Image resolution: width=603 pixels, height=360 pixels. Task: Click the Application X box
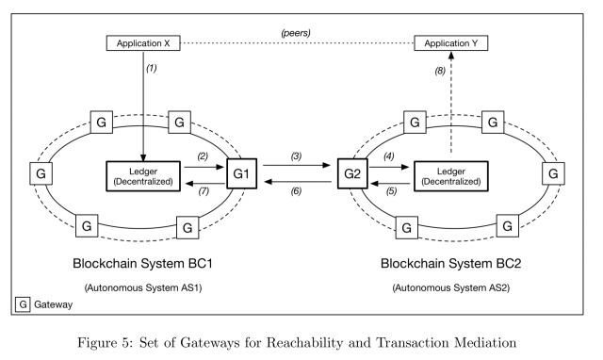tap(142, 42)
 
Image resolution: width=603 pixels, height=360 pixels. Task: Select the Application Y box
tap(451, 42)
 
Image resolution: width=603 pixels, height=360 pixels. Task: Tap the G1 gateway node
tap(241, 174)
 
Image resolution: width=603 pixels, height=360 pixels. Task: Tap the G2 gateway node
tap(352, 174)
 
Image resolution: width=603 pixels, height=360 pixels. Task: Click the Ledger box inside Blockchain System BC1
tap(142, 175)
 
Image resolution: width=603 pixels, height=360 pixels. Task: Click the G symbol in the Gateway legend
tap(21, 305)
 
